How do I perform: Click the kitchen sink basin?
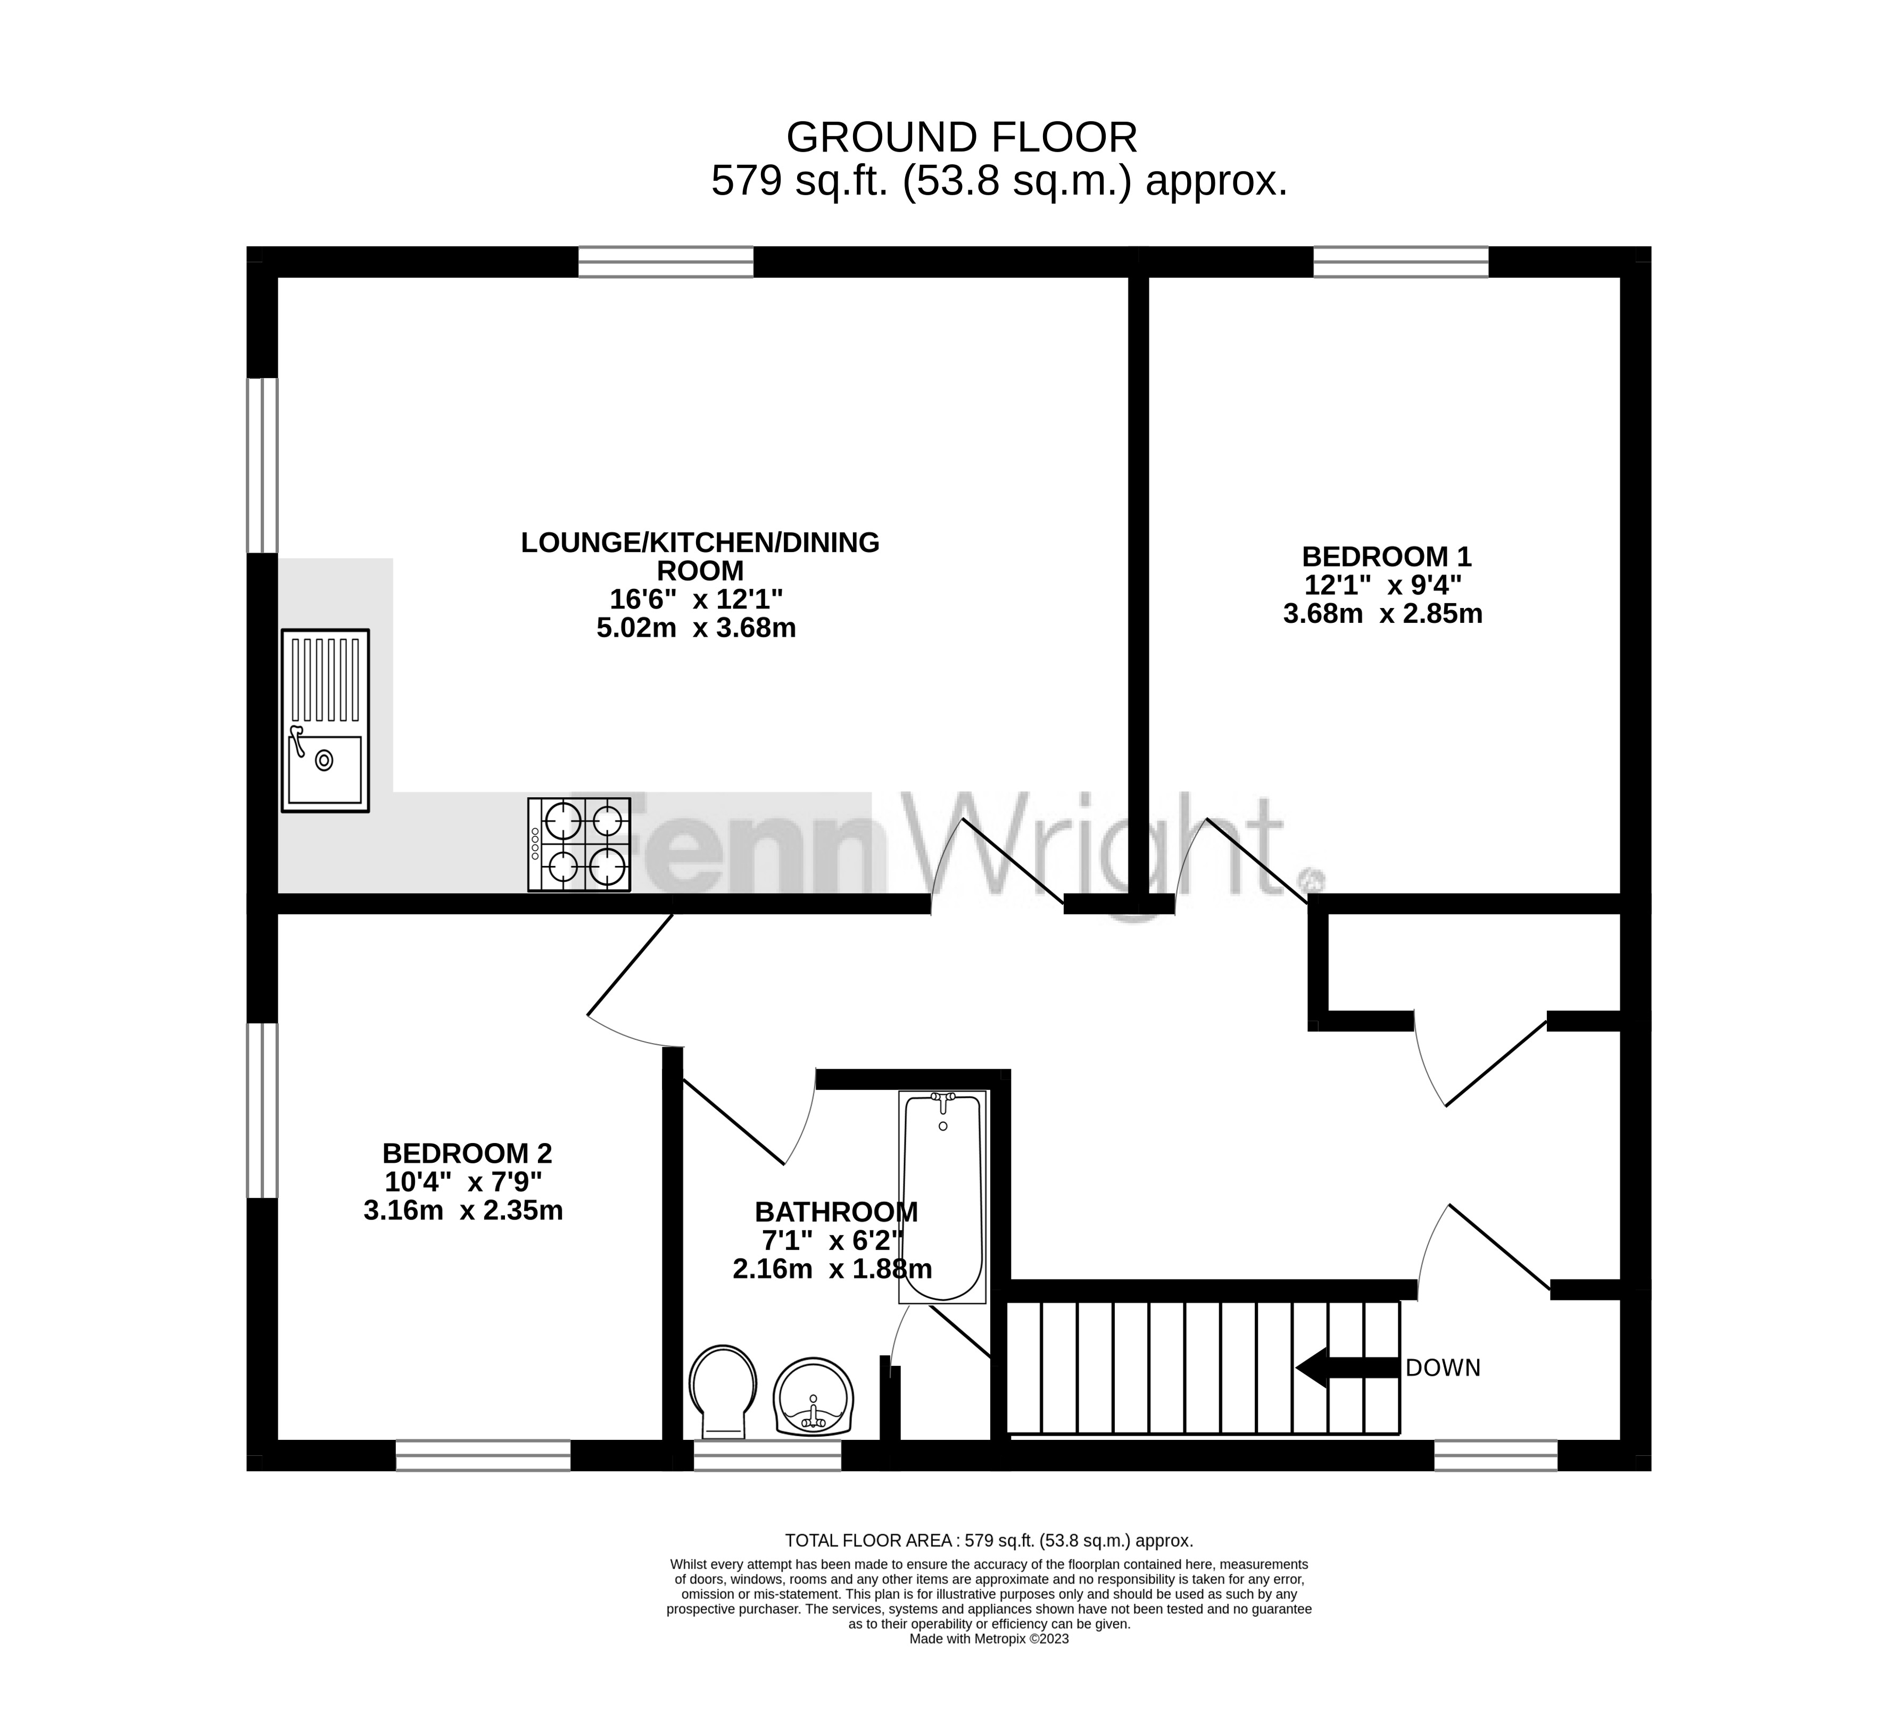tap(325, 770)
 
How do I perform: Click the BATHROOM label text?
tap(836, 1212)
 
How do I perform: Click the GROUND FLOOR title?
tap(962, 137)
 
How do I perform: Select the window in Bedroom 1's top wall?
tap(1401, 262)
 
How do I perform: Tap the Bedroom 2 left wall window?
tap(262, 1110)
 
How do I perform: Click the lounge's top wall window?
tap(666, 262)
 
